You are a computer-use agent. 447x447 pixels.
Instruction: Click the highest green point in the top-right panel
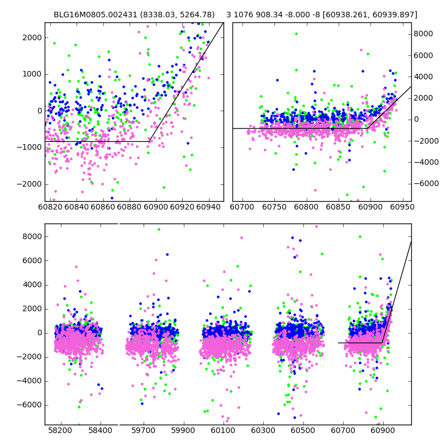click(x=297, y=34)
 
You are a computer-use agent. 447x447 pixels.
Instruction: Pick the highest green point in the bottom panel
click(x=159, y=229)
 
